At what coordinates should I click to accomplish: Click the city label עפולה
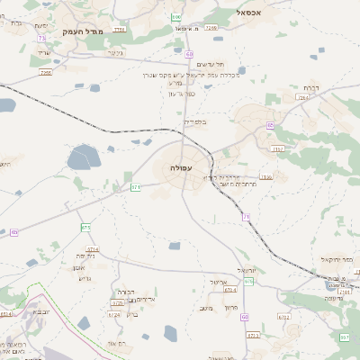[x=180, y=167]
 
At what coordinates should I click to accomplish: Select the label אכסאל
[x=249, y=12]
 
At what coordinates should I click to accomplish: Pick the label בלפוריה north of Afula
[x=194, y=121]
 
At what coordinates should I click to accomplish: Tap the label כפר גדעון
[x=182, y=94]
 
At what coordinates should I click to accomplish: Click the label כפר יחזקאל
[x=335, y=259]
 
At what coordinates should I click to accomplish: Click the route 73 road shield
[x=41, y=38]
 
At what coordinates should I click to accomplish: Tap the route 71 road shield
[x=245, y=216]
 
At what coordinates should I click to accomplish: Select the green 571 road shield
[x=135, y=187]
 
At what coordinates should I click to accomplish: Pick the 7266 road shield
[x=211, y=28]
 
